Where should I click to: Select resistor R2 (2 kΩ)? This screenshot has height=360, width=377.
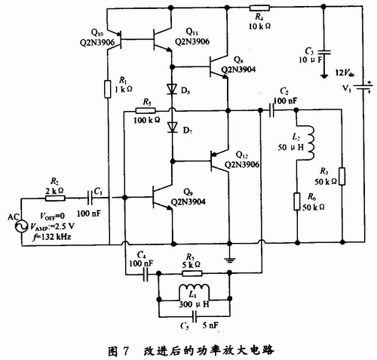pyautogui.click(x=55, y=198)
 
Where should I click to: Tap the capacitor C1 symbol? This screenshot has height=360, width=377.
pyautogui.click(x=90, y=198)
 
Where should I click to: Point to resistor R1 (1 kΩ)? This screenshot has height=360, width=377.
pyautogui.click(x=108, y=89)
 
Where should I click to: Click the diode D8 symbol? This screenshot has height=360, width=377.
pyautogui.click(x=173, y=89)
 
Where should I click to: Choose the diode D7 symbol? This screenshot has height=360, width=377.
pyautogui.click(x=173, y=128)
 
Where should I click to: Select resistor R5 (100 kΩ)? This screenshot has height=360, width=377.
pyautogui.click(x=146, y=110)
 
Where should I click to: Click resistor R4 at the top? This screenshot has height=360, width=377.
pyautogui.click(x=259, y=8)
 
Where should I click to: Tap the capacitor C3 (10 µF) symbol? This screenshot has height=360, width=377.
pyautogui.click(x=324, y=52)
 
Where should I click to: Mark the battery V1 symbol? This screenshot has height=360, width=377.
pyautogui.click(x=363, y=88)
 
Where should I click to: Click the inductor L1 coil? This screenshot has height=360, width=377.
pyautogui.click(x=194, y=292)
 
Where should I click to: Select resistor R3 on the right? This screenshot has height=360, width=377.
pyautogui.click(x=342, y=176)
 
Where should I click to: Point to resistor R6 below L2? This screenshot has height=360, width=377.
pyautogui.click(x=297, y=202)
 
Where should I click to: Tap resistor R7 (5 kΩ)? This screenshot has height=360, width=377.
pyautogui.click(x=192, y=273)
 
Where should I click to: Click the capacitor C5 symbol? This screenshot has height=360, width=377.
pyautogui.click(x=195, y=316)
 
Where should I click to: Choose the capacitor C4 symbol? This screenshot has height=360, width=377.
pyautogui.click(x=146, y=274)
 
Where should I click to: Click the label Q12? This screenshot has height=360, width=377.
pyautogui.click(x=242, y=155)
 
